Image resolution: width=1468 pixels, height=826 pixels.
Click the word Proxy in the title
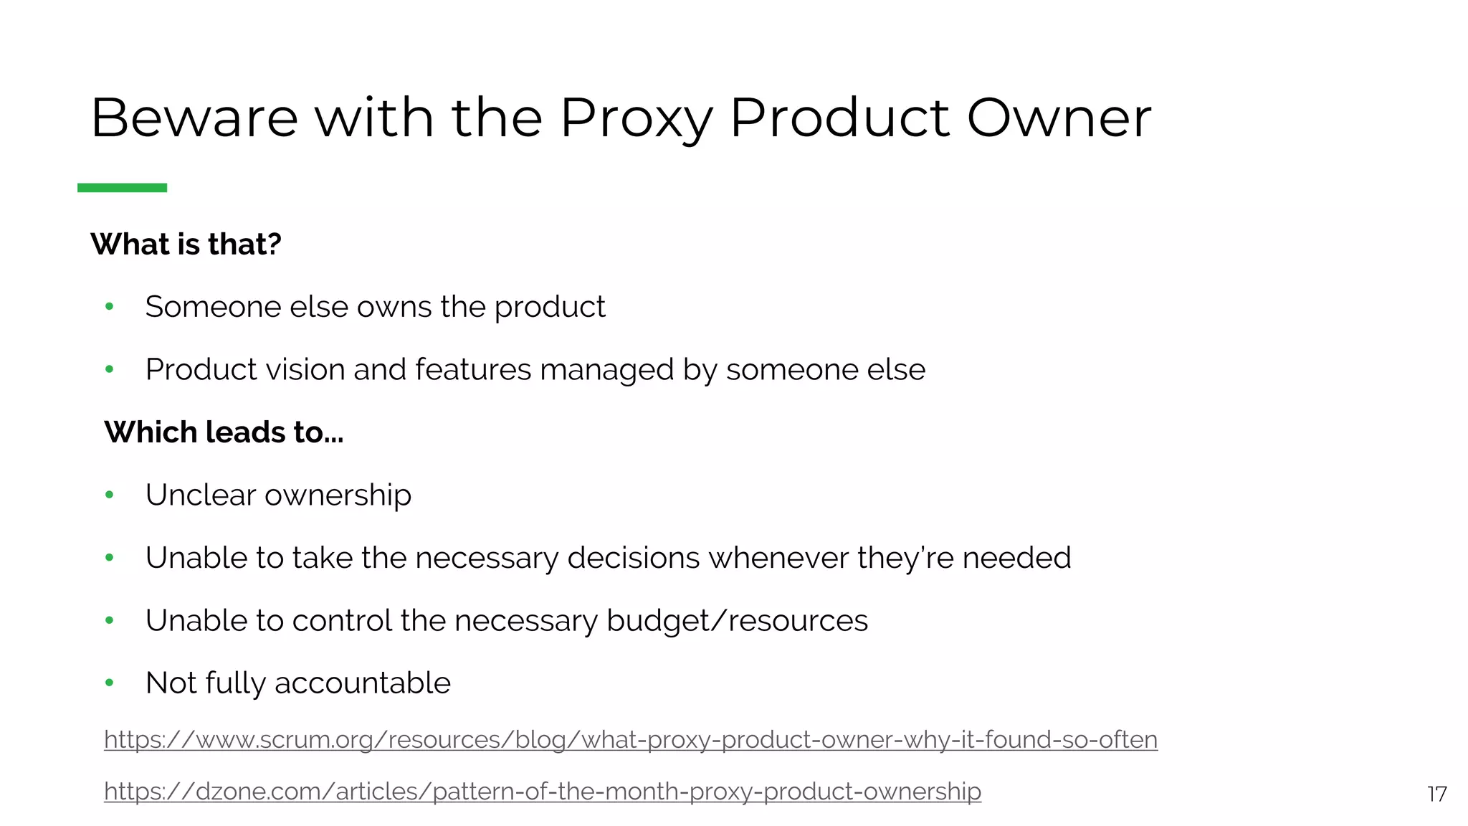(x=635, y=118)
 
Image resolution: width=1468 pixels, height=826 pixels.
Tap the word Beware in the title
(x=194, y=118)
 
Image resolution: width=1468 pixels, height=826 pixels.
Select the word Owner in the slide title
(x=1059, y=118)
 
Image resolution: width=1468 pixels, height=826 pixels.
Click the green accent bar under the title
(x=122, y=188)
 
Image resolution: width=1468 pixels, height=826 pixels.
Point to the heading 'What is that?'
(x=186, y=245)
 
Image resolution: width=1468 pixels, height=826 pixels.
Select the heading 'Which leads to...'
(x=224, y=432)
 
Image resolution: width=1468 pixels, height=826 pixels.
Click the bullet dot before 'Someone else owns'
(x=110, y=307)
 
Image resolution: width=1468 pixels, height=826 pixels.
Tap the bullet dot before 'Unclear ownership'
(x=110, y=495)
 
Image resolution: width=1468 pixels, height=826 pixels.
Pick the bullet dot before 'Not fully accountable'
(x=110, y=683)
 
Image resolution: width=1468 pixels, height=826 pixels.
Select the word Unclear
(x=200, y=495)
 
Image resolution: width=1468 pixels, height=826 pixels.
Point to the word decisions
(x=633, y=558)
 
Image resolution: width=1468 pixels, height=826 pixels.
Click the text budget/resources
(x=737, y=621)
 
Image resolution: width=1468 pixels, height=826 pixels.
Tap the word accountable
(x=363, y=683)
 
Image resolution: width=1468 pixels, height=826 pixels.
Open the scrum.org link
(x=630, y=739)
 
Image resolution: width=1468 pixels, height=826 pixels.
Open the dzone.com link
(x=542, y=791)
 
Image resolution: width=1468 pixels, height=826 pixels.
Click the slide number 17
(x=1436, y=794)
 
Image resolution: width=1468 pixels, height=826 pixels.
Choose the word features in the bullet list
(x=473, y=370)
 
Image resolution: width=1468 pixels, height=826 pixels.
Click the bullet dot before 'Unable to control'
(x=110, y=620)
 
